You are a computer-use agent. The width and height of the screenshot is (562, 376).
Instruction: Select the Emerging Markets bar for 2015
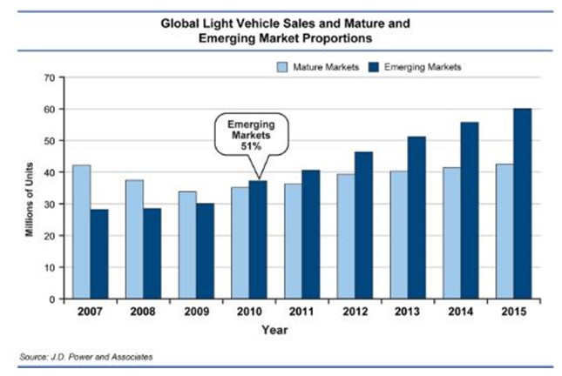point(522,204)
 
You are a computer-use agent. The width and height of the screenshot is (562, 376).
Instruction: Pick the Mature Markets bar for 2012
point(347,236)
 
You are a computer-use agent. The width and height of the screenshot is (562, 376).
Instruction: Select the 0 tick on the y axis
point(52,299)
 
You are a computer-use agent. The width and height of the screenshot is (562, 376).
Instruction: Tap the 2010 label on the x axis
point(248,312)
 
